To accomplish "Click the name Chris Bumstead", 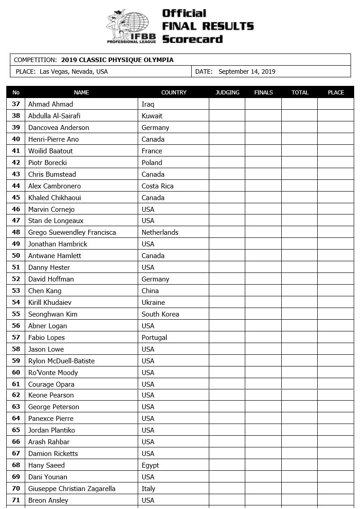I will [x=52, y=174].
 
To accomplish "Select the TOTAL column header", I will [x=300, y=93].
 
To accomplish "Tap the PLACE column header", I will [x=336, y=93].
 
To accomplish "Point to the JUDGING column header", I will [x=227, y=93].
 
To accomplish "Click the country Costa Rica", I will [x=157, y=186].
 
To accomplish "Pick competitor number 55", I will [x=16, y=314].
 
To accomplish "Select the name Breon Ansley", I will [x=49, y=500].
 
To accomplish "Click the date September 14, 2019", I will [x=247, y=71].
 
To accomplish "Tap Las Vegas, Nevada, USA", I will [x=74, y=71].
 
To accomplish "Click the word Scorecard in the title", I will [x=192, y=39].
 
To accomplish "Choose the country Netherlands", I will [x=160, y=232].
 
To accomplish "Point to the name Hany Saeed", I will [x=46, y=465].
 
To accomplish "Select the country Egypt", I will [x=150, y=465].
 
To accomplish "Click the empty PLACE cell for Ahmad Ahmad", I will [x=336, y=104].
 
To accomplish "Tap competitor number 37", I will [x=16, y=104].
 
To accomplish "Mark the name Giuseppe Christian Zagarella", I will [x=72, y=489].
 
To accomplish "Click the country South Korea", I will [x=160, y=314].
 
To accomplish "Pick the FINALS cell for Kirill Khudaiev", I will [x=263, y=303].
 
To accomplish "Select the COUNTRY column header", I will [x=174, y=93].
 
